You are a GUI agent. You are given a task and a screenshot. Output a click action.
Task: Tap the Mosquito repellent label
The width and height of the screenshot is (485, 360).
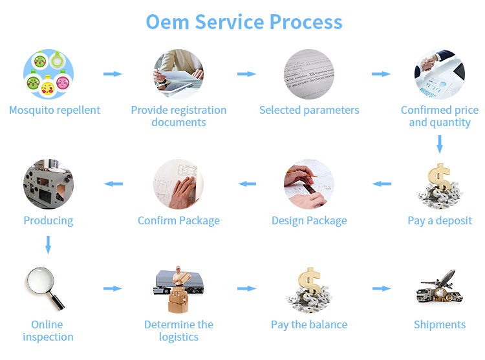point(54,110)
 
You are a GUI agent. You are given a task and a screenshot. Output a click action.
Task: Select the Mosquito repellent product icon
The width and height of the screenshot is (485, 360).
point(48,74)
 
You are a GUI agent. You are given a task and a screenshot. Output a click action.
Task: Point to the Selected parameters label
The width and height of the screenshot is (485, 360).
point(309,110)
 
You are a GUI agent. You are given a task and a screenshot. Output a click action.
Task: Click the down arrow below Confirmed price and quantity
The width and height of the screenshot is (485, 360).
point(440,143)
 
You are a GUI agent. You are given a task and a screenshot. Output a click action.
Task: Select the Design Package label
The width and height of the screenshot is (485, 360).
point(309,220)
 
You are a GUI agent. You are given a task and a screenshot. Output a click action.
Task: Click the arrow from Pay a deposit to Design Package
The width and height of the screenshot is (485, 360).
point(382,184)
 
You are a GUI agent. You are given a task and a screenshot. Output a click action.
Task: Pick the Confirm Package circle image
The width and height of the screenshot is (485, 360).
point(178,184)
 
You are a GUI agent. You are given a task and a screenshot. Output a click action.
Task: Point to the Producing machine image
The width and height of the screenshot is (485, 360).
point(48,184)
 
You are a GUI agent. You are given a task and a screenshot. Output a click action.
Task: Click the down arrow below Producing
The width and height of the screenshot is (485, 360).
point(48,244)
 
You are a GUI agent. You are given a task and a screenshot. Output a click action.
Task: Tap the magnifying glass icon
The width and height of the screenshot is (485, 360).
point(48,288)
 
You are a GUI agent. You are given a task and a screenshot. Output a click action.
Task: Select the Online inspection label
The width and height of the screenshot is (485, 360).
point(48,330)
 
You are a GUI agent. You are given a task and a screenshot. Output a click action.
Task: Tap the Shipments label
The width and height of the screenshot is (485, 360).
point(440,324)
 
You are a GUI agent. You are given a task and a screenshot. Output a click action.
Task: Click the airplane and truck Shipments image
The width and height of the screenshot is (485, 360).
point(440,288)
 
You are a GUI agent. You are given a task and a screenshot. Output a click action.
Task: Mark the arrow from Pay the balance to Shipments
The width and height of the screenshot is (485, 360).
point(382,288)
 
